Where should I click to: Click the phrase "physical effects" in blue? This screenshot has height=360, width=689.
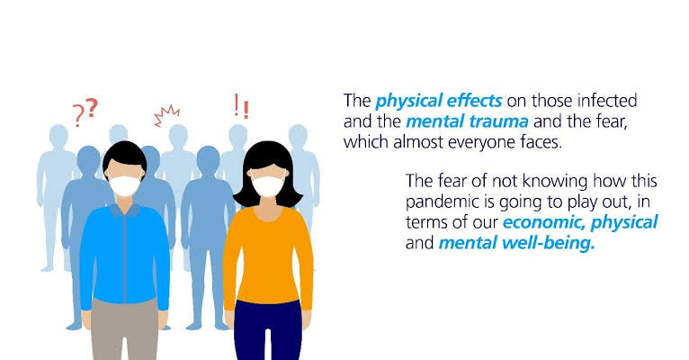[x=439, y=101]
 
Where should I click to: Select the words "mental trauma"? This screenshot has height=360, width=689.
[x=467, y=121]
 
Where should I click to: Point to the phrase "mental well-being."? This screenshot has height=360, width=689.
[x=516, y=243]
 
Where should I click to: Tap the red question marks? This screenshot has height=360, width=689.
[x=85, y=112]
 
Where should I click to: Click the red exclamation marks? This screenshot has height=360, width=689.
[x=241, y=106]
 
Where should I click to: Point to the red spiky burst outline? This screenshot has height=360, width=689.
[x=166, y=115]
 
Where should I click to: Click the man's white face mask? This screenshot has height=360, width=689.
[x=125, y=185]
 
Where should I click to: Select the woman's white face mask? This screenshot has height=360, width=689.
[x=268, y=186]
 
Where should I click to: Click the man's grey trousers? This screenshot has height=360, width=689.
[x=125, y=328]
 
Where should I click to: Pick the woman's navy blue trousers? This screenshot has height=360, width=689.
[x=268, y=330]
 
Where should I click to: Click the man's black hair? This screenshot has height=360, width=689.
[x=125, y=155]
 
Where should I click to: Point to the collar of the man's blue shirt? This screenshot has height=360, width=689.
[x=125, y=211]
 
